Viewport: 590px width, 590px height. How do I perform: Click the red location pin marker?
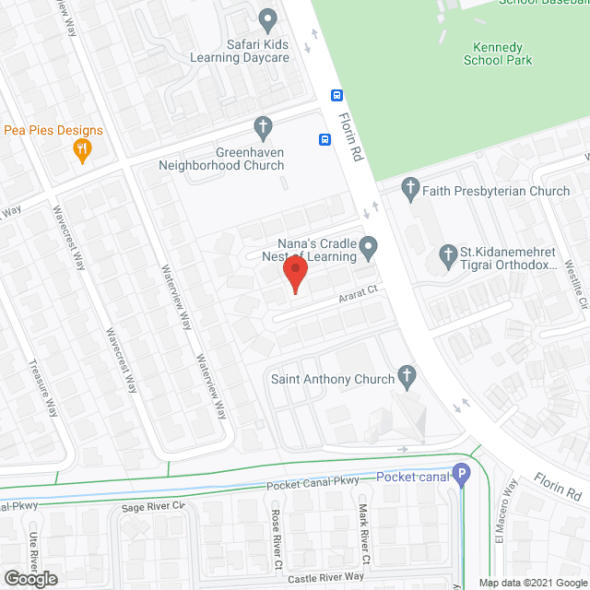294,274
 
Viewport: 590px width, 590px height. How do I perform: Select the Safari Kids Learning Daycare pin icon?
267,18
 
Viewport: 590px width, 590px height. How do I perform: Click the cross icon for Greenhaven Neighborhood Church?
263,125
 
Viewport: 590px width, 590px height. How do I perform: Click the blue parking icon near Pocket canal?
462,476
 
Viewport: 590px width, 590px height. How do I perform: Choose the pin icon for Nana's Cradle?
369,246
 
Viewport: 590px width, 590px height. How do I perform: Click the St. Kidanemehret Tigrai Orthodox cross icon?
448,254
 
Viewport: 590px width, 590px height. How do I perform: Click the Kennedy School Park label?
498,53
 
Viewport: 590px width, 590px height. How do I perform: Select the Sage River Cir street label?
154,506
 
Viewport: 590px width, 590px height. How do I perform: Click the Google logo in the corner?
29,579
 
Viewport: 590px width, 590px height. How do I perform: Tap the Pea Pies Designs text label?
53,130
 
